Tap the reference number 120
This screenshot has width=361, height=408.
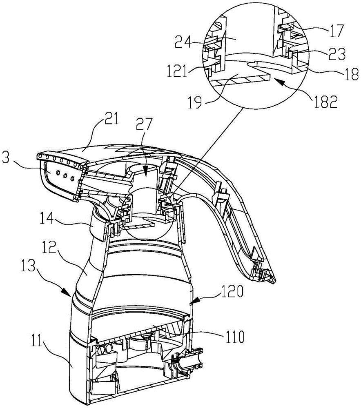[232, 293]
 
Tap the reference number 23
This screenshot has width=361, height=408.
[337, 54]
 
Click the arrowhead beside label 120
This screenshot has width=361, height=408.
[194, 300]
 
